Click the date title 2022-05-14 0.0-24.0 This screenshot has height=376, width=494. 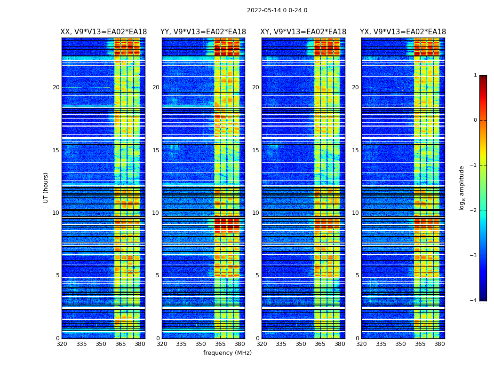[277, 10]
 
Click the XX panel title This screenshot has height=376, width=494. [104, 32]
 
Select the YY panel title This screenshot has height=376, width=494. [203, 32]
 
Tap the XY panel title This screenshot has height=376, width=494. [303, 32]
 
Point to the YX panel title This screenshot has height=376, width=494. [403, 32]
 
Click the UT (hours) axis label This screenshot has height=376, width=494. [46, 188]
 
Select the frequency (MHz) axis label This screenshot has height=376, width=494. [227, 353]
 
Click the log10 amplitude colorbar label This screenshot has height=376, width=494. [462, 188]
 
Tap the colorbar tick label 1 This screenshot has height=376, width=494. [475, 75]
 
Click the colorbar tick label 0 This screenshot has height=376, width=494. [475, 120]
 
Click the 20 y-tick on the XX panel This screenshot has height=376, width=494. [56, 87]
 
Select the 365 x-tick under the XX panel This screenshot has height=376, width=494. [120, 344]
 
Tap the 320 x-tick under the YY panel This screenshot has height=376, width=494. [162, 344]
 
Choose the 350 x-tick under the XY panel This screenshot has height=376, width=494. [301, 344]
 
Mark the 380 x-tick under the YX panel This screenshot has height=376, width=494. [439, 344]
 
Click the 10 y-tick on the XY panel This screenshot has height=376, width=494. [255, 213]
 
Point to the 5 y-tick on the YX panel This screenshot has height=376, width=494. [357, 275]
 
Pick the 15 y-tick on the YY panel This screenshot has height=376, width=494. [156, 150]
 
